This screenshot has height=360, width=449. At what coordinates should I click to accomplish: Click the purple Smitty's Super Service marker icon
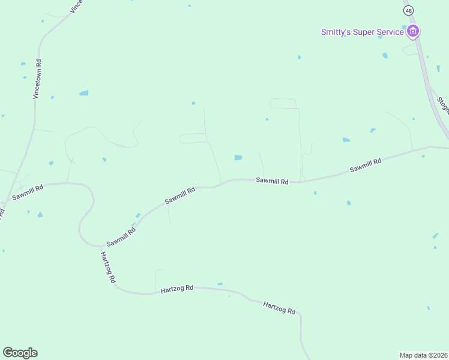coord(412,31)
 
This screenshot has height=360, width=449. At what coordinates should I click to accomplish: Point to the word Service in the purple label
coord(390,32)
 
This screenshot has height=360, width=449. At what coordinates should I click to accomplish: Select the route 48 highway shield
coord(409,10)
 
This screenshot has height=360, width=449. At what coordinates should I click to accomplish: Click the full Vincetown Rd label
coord(37,79)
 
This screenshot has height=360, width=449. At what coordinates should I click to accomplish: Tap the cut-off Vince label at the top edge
coord(76,6)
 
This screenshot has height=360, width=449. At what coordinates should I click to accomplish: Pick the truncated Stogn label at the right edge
coord(443,106)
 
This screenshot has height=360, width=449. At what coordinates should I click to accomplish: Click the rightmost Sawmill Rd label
coord(366,166)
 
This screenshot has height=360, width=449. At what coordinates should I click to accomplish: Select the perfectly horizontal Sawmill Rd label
coord(273,181)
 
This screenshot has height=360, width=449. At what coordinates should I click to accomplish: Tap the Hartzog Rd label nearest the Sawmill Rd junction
coord(108,267)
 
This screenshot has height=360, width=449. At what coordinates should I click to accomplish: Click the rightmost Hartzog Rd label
coord(279,308)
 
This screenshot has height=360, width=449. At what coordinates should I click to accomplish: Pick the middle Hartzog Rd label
coord(177,289)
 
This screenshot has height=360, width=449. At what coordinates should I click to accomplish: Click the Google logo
coord(20,353)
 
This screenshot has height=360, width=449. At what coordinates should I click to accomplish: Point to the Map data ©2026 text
coord(423,355)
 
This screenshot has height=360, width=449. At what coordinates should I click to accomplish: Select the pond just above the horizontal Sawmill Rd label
coord(238,158)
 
